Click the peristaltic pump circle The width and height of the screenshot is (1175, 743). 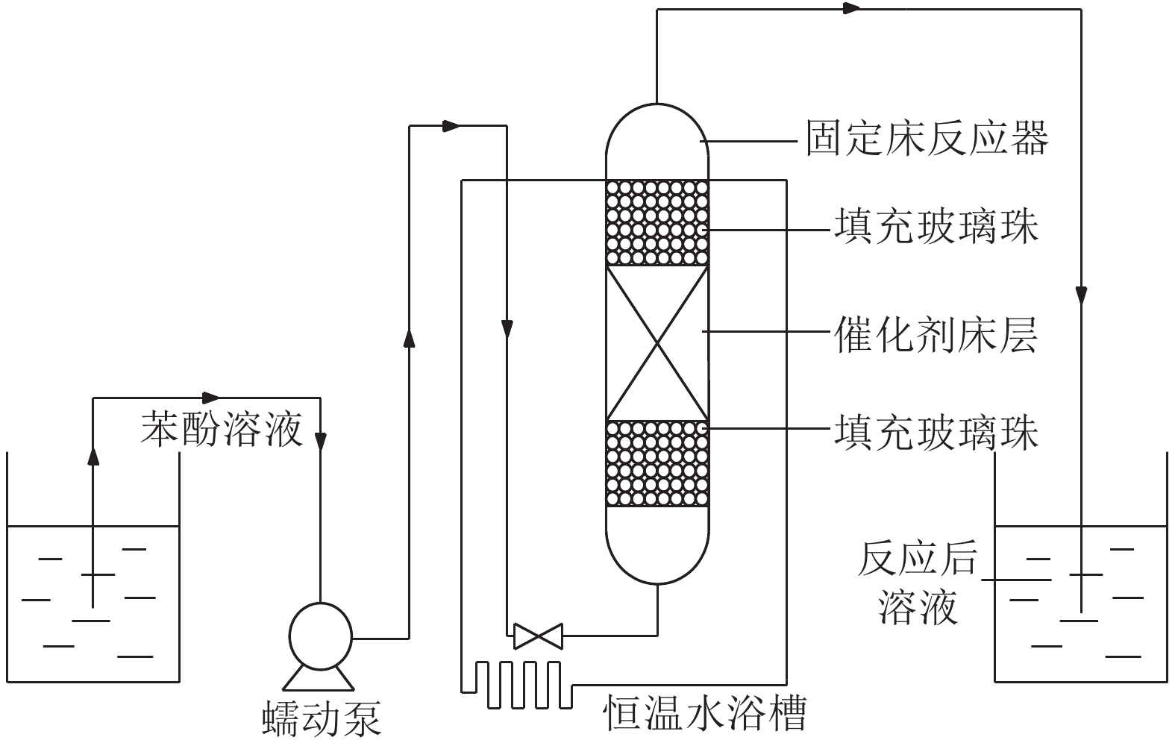pos(320,633)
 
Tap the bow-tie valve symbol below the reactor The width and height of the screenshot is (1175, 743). pos(537,636)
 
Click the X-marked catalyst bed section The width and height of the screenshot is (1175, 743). pos(657,343)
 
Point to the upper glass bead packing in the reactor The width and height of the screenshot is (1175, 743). pos(657,222)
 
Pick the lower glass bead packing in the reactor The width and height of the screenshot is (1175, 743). pos(657,464)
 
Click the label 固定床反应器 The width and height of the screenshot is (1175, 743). pos(927,138)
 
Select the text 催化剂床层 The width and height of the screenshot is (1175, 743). pos(936,333)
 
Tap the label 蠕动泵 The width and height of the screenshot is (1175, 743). pos(322,718)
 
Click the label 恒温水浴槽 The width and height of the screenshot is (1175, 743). pos(704,713)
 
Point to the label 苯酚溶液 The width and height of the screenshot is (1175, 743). pos(222,430)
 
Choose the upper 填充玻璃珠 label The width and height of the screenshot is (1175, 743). pos(936,227)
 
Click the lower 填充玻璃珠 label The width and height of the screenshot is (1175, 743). pos(936,433)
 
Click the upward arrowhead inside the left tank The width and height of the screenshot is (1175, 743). pos(93,455)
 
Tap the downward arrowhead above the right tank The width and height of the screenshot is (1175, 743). pos(1081,295)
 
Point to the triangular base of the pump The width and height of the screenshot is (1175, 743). pos(317,677)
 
